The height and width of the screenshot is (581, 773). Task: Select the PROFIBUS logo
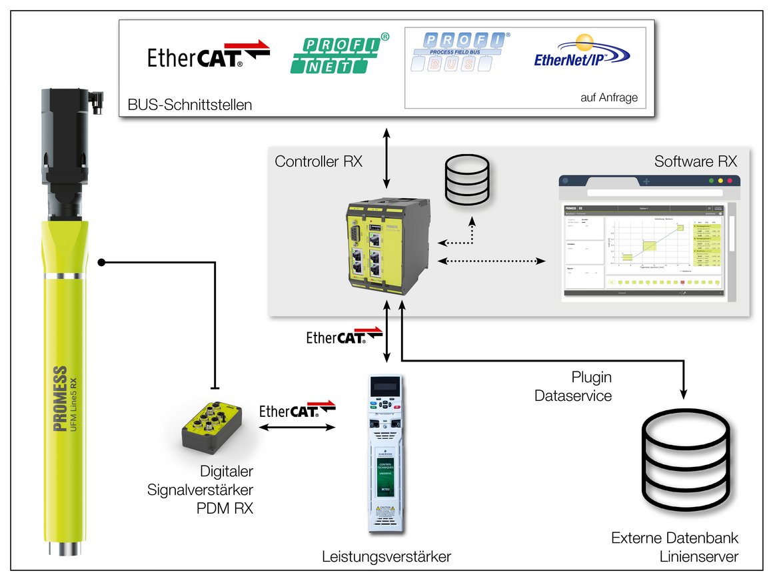coord(459,52)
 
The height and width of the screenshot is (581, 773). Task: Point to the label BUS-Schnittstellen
coord(189,105)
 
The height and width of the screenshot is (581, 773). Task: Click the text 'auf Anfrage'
coord(609,97)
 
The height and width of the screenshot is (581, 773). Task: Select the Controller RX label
coord(319,161)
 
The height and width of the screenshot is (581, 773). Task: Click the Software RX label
coord(695,161)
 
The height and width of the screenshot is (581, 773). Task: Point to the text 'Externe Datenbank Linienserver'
coord(675,547)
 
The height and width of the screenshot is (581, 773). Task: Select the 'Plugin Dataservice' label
coord(573,386)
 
